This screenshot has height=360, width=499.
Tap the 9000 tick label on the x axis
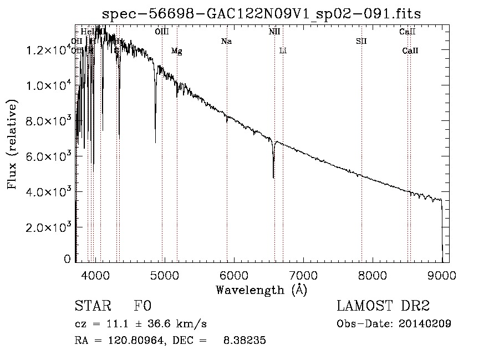pos(442,275)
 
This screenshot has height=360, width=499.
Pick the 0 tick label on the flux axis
pos(67,259)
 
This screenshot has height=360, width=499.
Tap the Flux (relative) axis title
pos(12,144)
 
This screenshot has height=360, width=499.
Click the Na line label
pos(226,42)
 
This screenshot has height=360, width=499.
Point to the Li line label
pos(283,51)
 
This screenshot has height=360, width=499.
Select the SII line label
pos(361,42)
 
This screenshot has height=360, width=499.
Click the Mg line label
pos(176,51)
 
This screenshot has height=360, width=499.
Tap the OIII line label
pos(162,32)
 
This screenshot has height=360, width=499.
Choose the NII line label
pos(274,32)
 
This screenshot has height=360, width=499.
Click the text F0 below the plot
pos(142,306)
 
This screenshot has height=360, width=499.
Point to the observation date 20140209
pos(425,324)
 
